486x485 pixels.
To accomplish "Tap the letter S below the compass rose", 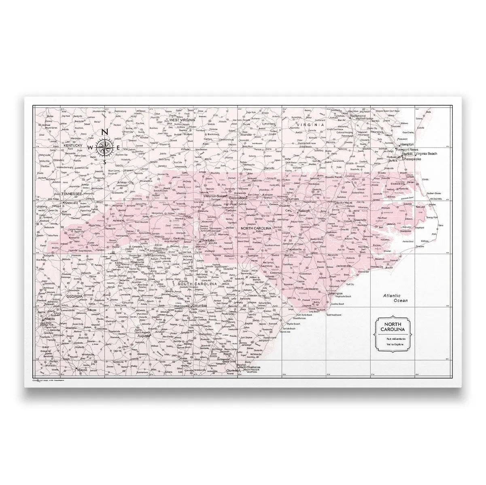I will click(x=104, y=162).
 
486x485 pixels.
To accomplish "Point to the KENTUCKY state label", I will click(x=73, y=145).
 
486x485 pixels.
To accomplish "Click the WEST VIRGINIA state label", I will click(x=182, y=120).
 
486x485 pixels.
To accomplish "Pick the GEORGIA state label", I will click(x=74, y=296).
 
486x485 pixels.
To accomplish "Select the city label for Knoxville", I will click(x=73, y=202).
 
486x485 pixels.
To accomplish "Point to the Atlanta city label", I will click(x=49, y=319).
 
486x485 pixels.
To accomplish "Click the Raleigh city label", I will click(x=304, y=211).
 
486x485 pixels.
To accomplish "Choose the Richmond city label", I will click(x=359, y=116).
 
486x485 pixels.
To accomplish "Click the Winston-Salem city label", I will click(x=214, y=196).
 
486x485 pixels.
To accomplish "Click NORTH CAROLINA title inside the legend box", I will click(x=393, y=327).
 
